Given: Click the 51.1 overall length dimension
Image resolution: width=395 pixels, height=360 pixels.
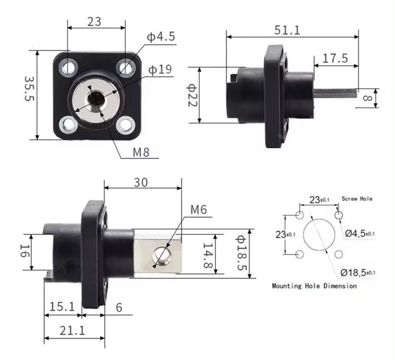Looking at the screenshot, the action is pyautogui.click(x=287, y=30).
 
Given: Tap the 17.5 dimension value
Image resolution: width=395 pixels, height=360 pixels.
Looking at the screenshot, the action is pyautogui.click(x=335, y=58).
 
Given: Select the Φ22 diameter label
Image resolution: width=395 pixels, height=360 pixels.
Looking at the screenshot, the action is pyautogui.click(x=192, y=95).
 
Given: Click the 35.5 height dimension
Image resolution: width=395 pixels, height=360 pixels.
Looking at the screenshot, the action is pyautogui.click(x=29, y=89).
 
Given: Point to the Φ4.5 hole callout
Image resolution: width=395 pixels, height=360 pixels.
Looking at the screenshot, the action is pyautogui.click(x=161, y=37).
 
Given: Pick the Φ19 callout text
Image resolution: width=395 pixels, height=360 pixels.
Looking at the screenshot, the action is pyautogui.click(x=160, y=70).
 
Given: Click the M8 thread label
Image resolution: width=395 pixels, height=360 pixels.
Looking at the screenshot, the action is pyautogui.click(x=141, y=152).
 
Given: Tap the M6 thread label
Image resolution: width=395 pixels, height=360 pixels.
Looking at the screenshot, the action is pyautogui.click(x=199, y=209).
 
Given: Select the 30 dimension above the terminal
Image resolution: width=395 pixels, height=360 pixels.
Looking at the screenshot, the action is pyautogui.click(x=141, y=182).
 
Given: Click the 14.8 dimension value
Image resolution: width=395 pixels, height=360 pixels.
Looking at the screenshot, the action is pyautogui.click(x=208, y=256).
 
